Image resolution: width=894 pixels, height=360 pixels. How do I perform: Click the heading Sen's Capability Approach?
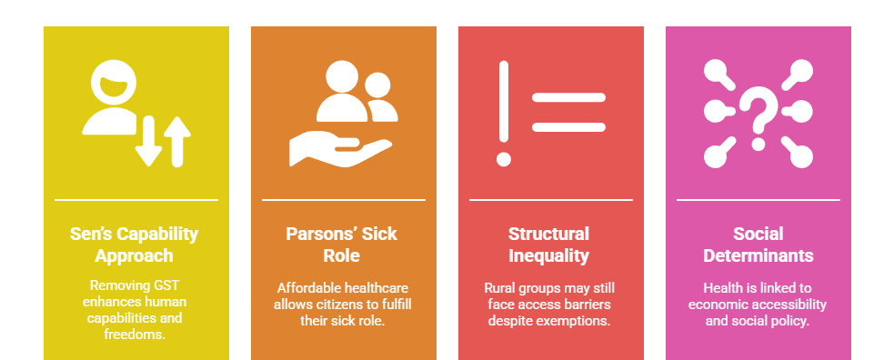[x=136, y=245]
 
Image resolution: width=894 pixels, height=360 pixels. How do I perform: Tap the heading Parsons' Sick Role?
[x=343, y=245]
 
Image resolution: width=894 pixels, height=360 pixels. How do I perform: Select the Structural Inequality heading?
[x=549, y=245]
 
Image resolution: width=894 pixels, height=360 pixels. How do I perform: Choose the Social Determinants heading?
[x=758, y=245]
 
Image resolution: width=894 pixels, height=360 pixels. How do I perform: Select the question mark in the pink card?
[x=758, y=116]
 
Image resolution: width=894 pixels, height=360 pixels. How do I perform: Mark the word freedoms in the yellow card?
[x=135, y=335]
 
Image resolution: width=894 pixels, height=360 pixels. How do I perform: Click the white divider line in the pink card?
[x=758, y=199]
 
